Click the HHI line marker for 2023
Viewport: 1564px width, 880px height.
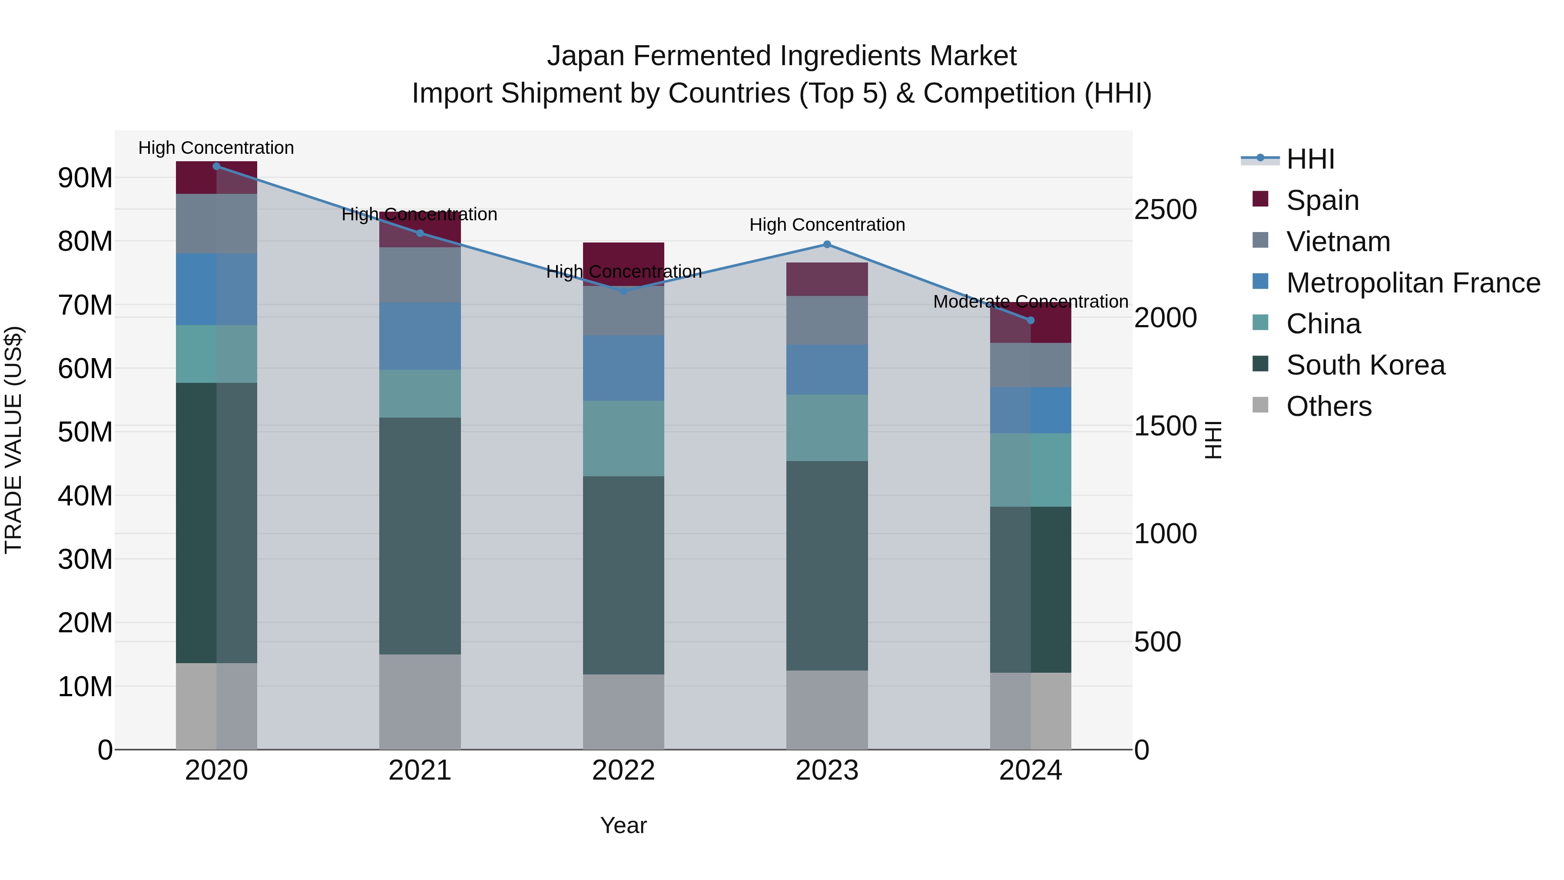pos(827,244)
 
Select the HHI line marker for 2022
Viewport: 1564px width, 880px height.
pos(623,291)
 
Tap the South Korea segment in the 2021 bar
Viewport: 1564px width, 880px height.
pos(420,536)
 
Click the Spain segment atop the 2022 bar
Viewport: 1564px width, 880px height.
pos(623,255)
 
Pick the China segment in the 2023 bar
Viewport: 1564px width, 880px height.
pos(827,428)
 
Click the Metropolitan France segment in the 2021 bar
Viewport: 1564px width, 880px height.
pos(420,336)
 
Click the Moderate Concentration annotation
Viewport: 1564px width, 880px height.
pos(1031,302)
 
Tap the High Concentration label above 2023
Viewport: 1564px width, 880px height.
pos(827,225)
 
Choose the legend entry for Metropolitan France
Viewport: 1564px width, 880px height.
pos(1413,283)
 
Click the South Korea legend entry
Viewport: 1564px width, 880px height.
pos(1365,365)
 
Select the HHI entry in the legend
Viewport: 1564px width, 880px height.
pos(1310,159)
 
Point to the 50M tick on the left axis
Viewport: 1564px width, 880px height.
pos(85,432)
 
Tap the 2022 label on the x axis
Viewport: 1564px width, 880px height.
pos(623,770)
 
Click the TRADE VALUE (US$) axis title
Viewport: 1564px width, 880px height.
pos(13,440)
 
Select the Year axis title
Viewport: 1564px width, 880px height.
pos(623,825)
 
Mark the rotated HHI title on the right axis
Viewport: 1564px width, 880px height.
pos(1213,440)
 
